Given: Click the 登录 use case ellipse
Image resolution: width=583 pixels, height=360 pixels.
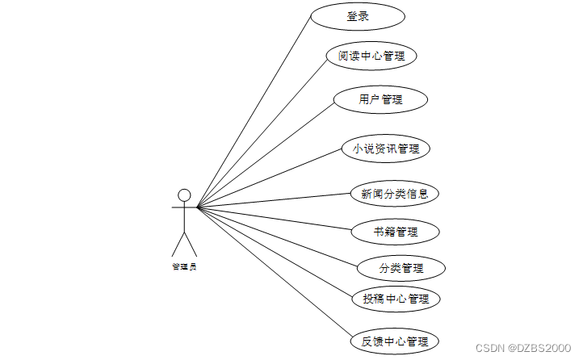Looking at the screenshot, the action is coord(358,17).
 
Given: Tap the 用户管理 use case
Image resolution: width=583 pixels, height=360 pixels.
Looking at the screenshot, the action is coord(380,100).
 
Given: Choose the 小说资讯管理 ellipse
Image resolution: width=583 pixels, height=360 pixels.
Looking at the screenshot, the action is coord(386,149).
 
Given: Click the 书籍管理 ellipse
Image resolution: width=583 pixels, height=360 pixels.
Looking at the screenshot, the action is coord(396,232).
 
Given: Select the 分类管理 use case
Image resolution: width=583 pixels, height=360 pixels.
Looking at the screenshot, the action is coord(401,268).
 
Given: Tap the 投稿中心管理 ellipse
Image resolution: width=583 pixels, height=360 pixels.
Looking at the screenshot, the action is coord(396,299).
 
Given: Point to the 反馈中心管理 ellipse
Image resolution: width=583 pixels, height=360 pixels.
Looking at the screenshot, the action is coord(396,341).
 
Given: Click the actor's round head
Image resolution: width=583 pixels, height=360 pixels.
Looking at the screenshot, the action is coord(184,195).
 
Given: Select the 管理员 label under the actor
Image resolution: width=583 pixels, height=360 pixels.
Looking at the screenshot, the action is coord(184,266).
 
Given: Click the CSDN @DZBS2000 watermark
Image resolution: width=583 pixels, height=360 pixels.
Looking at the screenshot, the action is coord(522,347).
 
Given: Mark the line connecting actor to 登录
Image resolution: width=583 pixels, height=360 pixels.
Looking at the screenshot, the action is coord(254,111).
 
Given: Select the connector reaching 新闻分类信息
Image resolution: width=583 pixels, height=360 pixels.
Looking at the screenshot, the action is coord(275,200).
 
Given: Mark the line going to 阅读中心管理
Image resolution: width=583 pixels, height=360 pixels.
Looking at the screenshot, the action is coord(262,132).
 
